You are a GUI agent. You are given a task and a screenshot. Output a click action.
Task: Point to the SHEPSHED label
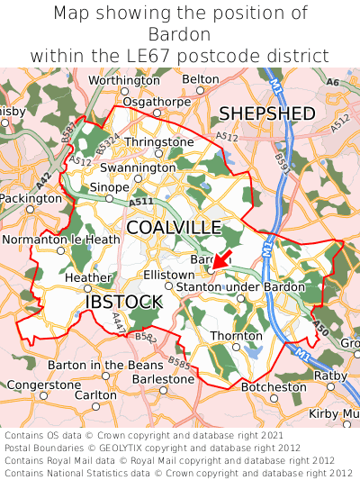(267, 113)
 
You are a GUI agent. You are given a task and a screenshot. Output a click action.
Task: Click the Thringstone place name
(159, 142)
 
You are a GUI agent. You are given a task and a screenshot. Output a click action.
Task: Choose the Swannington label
(138, 168)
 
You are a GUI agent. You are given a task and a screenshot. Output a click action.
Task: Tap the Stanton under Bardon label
(240, 286)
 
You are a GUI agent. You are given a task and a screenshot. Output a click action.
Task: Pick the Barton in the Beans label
(105, 365)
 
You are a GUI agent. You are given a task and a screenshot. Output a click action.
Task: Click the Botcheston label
(274, 386)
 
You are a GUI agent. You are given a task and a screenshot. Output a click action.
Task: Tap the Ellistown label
(169, 274)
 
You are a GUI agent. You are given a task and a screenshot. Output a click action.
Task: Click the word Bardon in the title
(180, 34)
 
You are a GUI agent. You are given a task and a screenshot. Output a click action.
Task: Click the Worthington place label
(124, 80)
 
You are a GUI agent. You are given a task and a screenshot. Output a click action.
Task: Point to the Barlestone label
(163, 379)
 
